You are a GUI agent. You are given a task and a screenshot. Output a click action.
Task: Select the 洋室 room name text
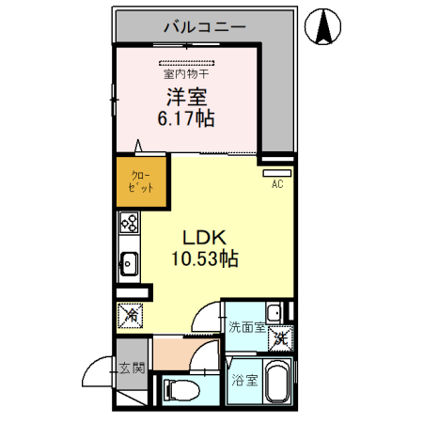(x=188, y=96)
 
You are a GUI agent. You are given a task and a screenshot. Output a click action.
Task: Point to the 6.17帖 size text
(x=188, y=118)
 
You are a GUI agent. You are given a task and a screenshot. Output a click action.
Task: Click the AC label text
(x=277, y=184)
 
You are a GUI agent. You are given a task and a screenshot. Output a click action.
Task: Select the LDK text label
(x=200, y=238)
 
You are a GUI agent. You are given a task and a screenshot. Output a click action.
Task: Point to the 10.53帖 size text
(x=200, y=259)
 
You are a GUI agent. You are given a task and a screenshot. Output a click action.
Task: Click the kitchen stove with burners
(x=129, y=226)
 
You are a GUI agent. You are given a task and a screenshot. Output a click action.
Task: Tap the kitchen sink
(x=129, y=264)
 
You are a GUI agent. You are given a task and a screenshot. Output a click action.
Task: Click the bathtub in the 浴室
(x=279, y=384)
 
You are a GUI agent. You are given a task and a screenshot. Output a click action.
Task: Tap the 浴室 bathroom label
(x=243, y=382)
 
